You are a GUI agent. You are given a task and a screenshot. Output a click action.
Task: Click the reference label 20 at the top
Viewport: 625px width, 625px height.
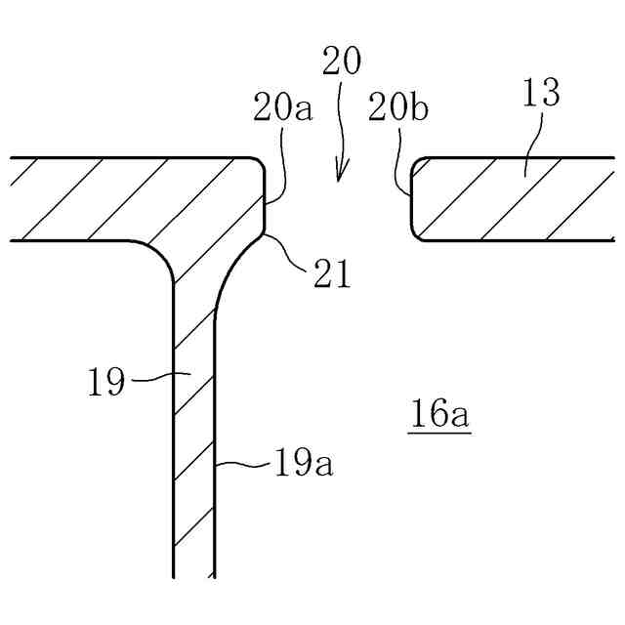[341, 62]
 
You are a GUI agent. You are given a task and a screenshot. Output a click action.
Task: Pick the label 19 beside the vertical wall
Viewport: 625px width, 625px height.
[106, 382]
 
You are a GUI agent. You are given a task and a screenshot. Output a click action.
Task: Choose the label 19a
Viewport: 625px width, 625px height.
[304, 463]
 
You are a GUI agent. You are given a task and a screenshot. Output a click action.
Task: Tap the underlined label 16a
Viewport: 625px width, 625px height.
[439, 414]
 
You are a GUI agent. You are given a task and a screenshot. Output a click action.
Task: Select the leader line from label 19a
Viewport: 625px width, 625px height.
[243, 466]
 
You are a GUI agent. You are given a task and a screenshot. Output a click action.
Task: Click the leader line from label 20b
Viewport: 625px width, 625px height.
[400, 166]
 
